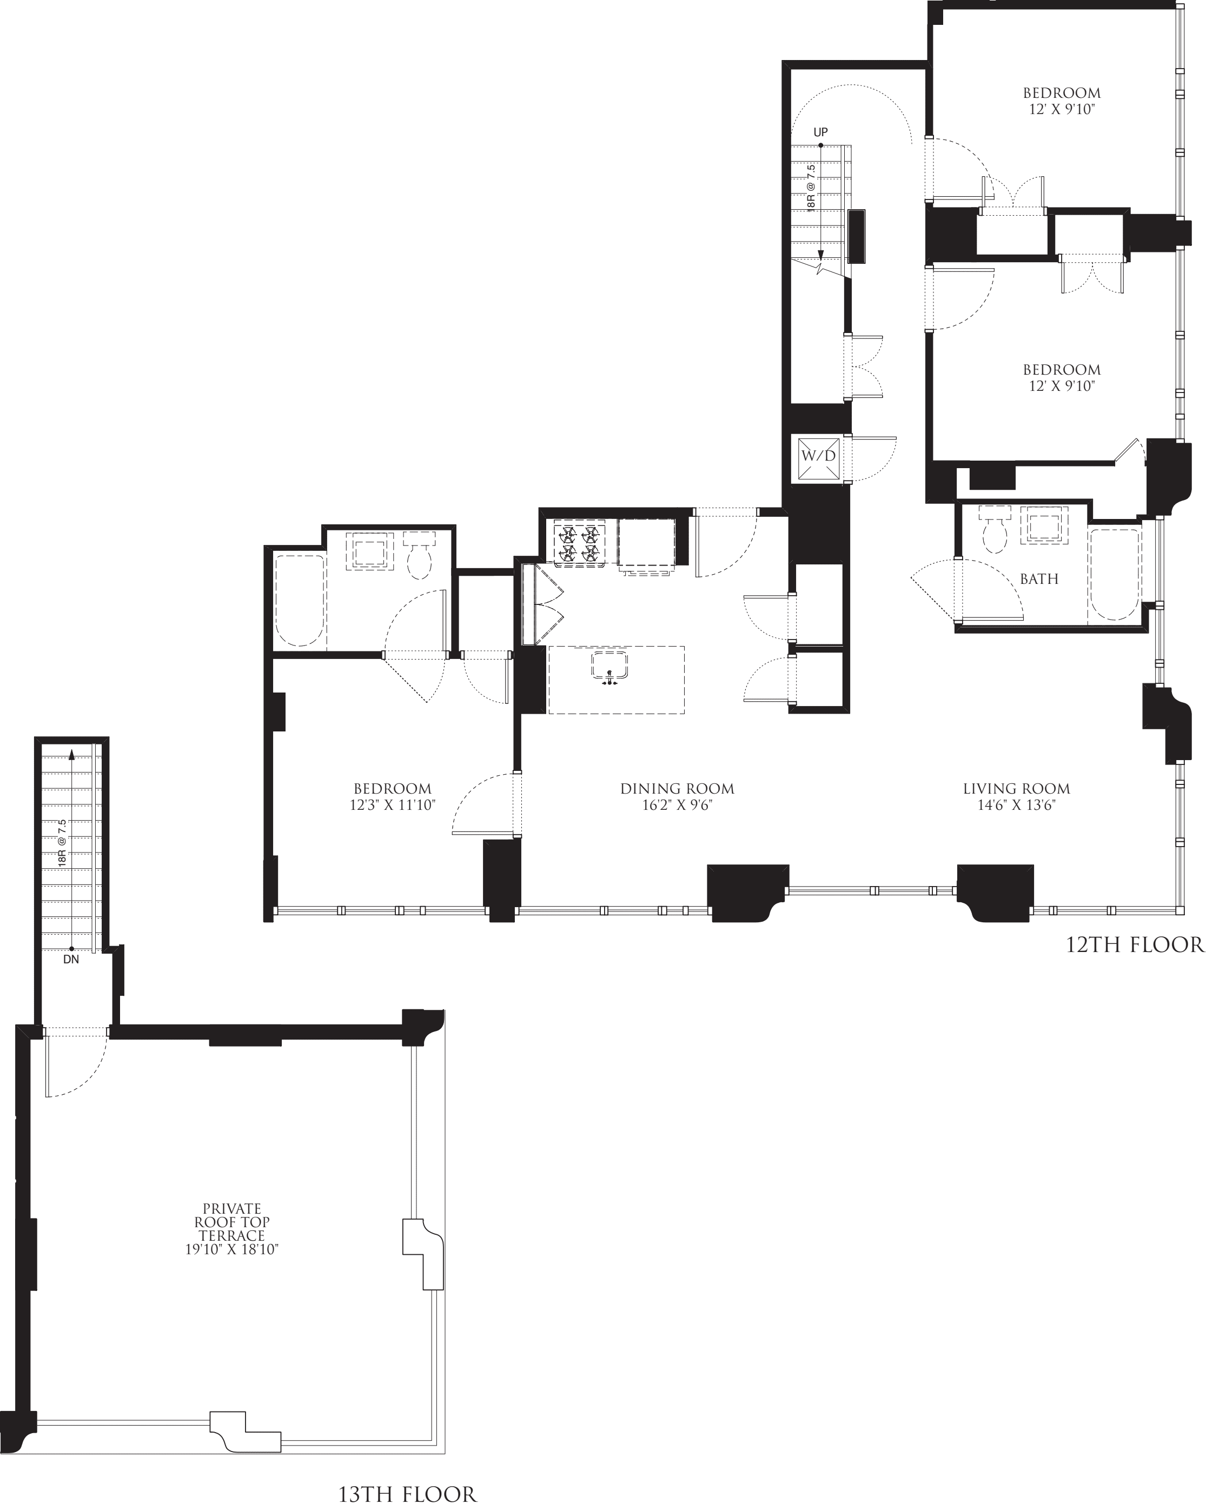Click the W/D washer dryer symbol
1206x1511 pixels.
click(819, 456)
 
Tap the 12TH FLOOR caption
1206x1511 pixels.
click(1135, 945)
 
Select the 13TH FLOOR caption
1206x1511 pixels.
click(407, 1494)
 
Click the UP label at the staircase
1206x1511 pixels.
click(820, 132)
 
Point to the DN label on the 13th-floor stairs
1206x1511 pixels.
click(71, 960)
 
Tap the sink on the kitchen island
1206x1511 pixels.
click(608, 665)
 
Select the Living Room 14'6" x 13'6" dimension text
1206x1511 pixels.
click(1016, 806)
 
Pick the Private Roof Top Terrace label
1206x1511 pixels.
click(232, 1222)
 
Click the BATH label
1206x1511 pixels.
click(1038, 579)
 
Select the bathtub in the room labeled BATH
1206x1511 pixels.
click(1114, 575)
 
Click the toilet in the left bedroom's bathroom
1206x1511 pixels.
click(419, 557)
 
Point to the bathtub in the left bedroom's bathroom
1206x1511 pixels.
click(300, 601)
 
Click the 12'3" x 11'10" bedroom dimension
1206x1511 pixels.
click(393, 806)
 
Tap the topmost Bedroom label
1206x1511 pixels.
click(1061, 92)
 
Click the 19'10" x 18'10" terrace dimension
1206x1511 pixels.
click(232, 1249)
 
